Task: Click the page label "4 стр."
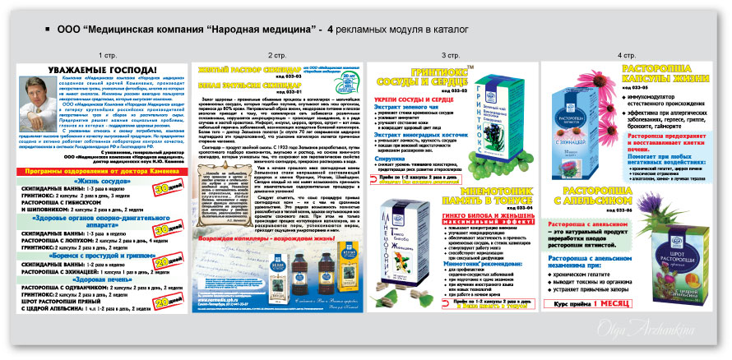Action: click(x=620, y=55)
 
